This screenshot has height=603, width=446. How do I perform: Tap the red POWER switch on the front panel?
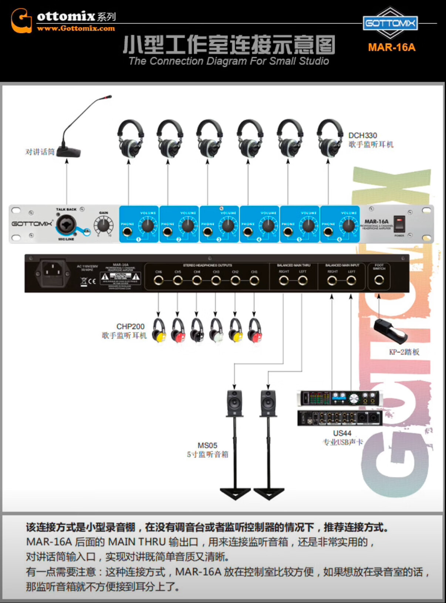click(399, 224)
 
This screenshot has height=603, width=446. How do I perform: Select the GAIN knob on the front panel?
click(103, 224)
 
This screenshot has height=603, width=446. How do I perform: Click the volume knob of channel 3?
click(228, 225)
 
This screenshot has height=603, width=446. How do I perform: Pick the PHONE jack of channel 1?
click(127, 232)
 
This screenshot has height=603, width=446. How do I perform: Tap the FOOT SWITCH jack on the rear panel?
click(379, 281)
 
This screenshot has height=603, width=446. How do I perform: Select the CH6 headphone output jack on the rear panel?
click(159, 281)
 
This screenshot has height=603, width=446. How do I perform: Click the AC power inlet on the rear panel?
click(53, 273)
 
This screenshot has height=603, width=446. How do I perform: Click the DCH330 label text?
click(363, 135)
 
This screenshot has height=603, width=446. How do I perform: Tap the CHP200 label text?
click(130, 326)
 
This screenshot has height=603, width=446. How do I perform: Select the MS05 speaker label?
click(207, 446)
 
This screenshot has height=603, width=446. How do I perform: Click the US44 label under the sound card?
click(342, 433)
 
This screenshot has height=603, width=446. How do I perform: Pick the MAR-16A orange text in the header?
click(391, 48)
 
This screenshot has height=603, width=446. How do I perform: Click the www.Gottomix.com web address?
click(76, 28)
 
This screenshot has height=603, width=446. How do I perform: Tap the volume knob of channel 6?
click(349, 225)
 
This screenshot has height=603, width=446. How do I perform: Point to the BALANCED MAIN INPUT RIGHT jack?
click(332, 281)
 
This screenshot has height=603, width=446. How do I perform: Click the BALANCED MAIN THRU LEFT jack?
click(303, 281)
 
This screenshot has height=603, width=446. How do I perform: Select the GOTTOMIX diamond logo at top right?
click(390, 23)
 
